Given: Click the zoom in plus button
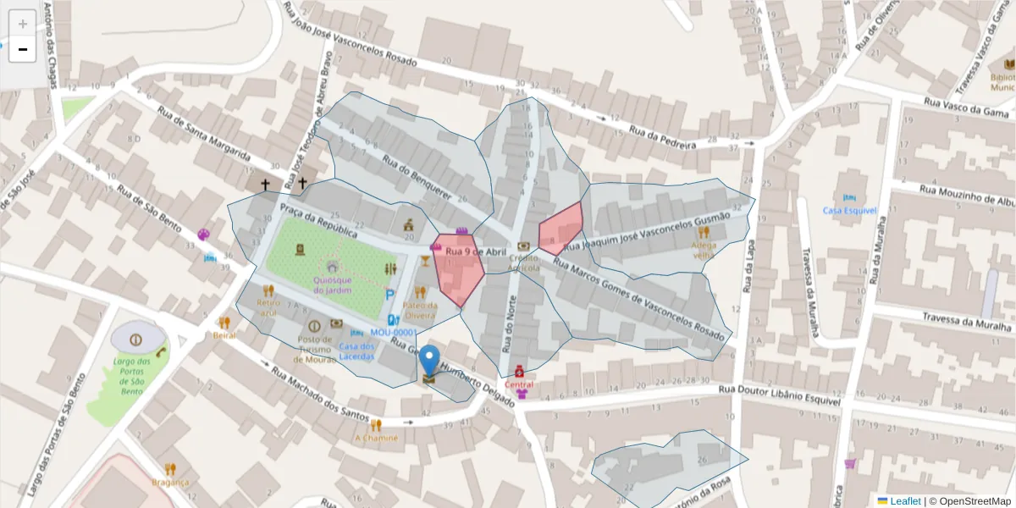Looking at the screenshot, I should pos(22,23).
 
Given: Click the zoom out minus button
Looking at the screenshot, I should pos(22,49).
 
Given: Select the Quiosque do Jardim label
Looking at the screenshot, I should pos(331,284).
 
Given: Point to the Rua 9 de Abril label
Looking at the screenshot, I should pos(475,251).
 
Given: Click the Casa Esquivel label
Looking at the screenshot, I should pos(849,210).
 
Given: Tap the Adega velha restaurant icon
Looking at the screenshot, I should pos(704,233).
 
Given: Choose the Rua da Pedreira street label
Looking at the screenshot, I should pos(661,137).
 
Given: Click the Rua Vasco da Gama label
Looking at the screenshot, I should pos(965,107).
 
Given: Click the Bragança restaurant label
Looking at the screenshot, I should pos(170,482).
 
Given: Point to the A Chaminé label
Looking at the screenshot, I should pos(376,438).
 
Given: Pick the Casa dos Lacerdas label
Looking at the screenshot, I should pos(356,351).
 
